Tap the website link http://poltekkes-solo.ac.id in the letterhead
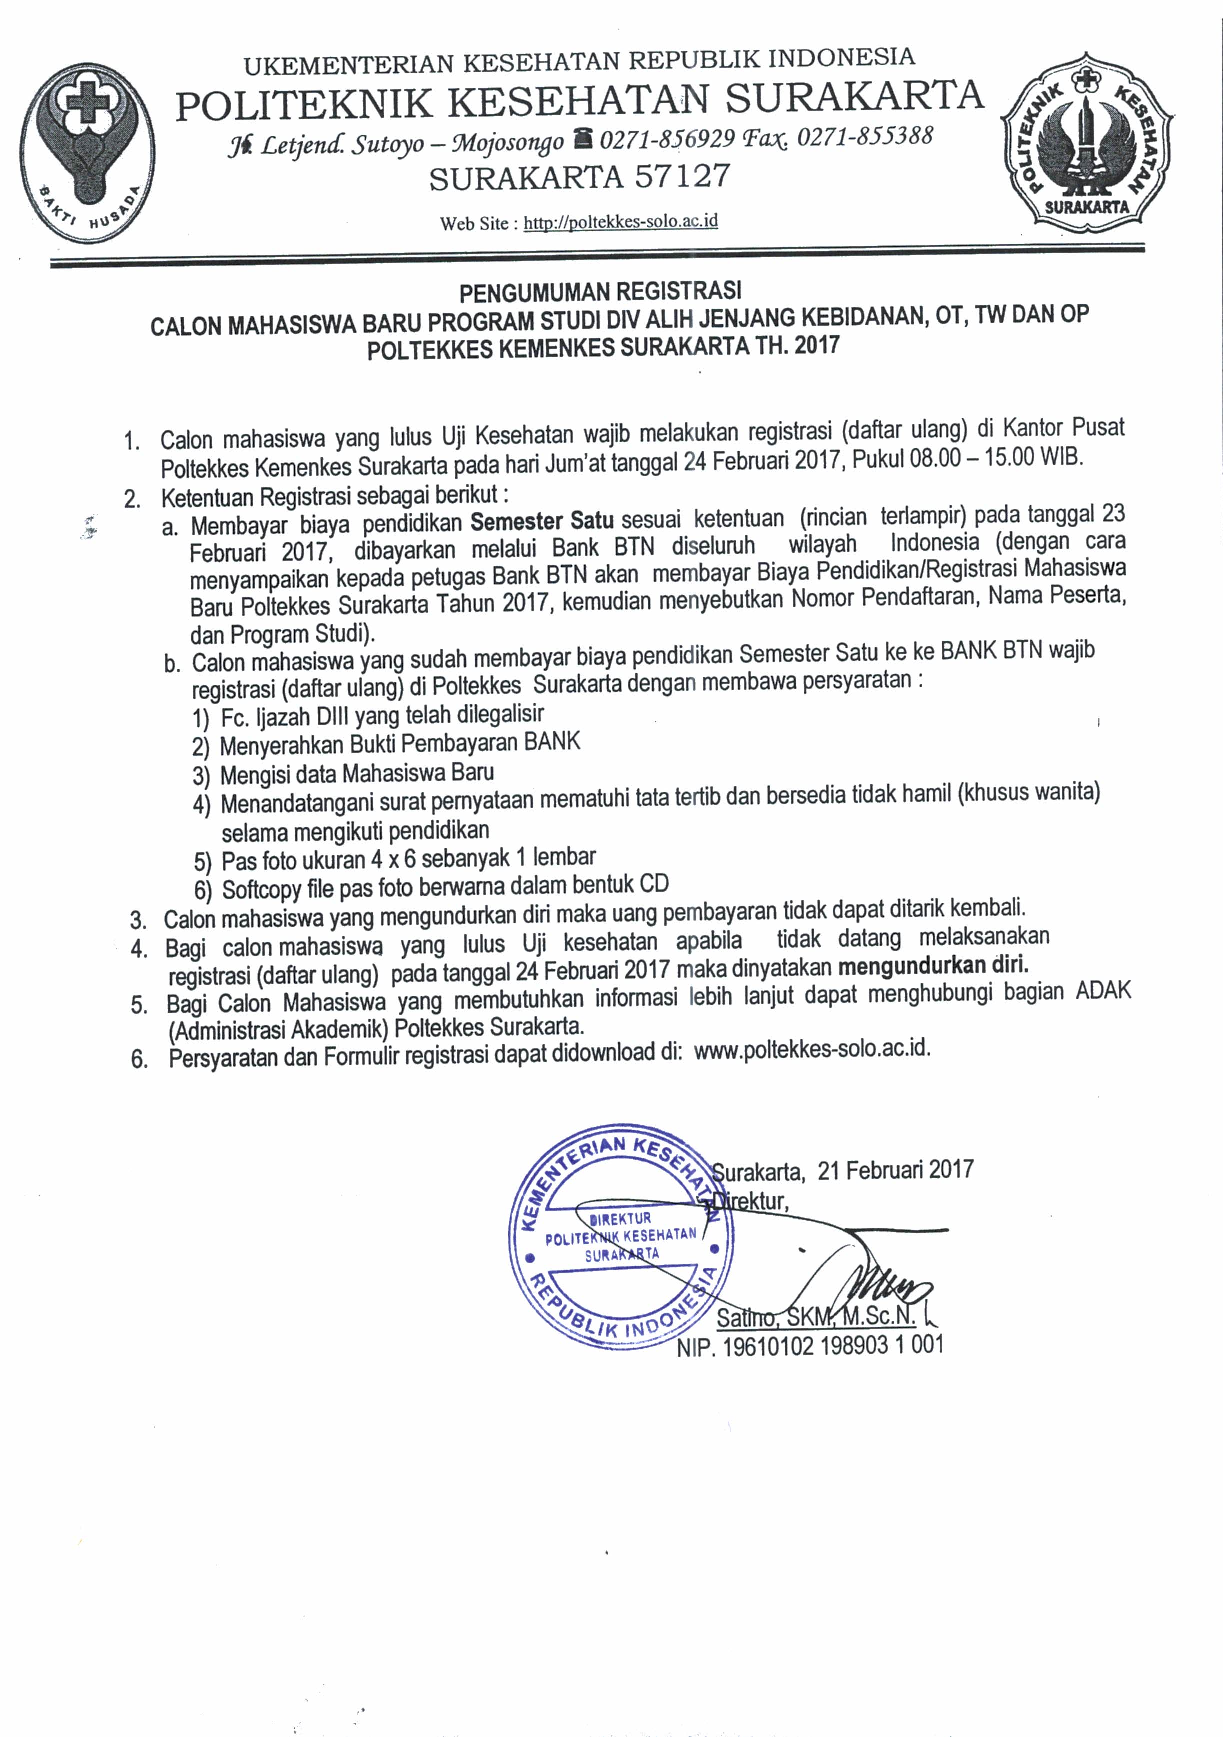[620, 221]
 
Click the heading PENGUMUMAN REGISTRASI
[601, 291]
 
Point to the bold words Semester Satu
[542, 521]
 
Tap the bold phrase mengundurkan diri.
[933, 965]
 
